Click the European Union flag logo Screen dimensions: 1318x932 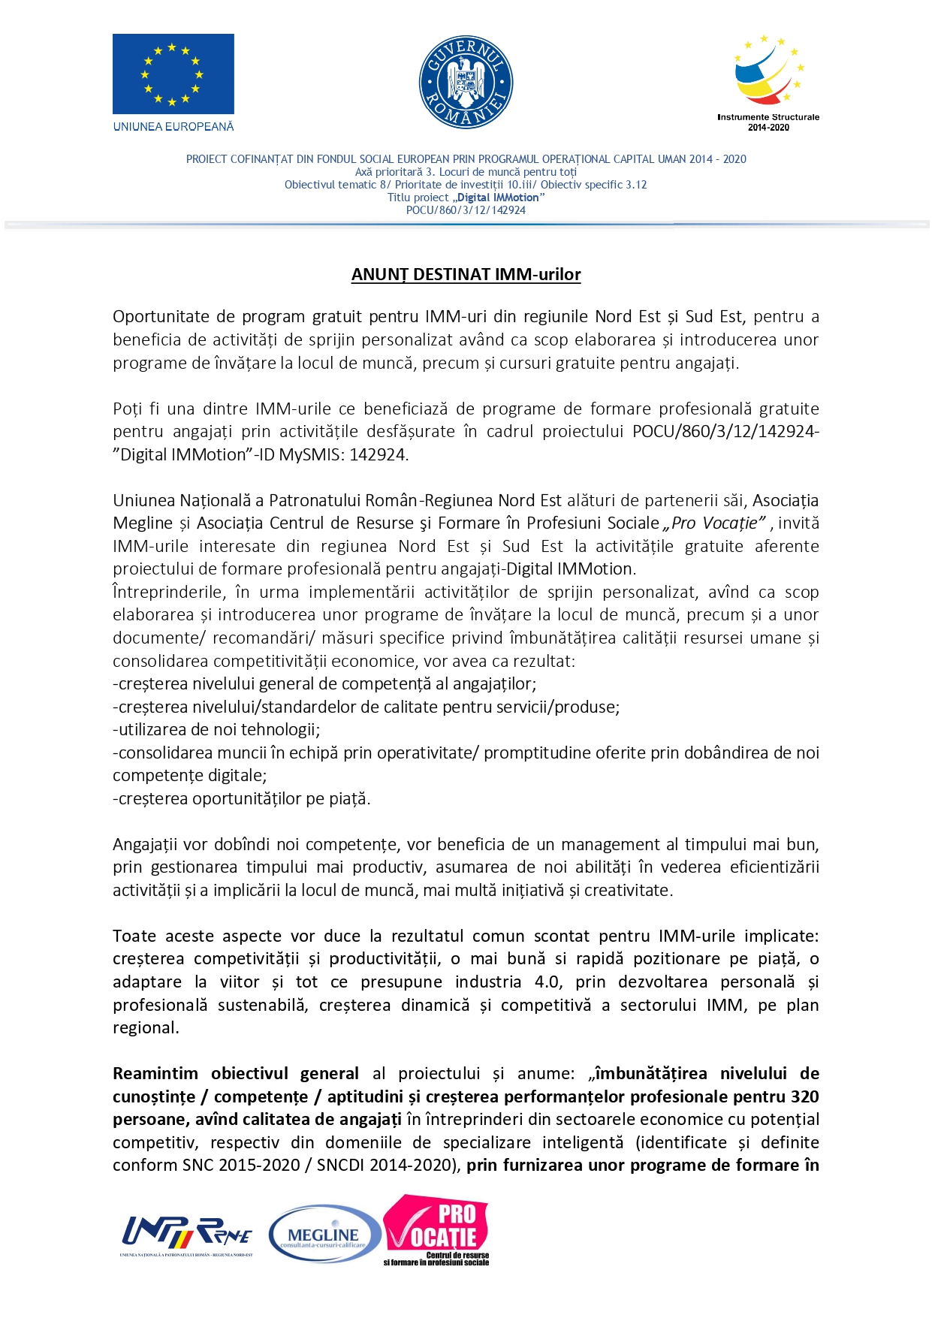pos(173,74)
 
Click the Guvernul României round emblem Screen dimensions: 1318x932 pos(466,82)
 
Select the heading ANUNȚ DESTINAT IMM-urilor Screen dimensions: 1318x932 pos(466,275)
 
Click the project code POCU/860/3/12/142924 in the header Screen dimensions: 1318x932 pos(466,210)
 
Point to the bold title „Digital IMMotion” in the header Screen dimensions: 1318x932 pos(498,198)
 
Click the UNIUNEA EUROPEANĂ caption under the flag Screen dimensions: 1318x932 pos(173,127)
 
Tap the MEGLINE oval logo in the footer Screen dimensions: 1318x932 pos(324,1234)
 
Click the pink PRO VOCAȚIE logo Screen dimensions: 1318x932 pos(436,1229)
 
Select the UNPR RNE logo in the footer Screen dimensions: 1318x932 pos(187,1234)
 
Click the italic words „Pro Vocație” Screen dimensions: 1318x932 pos(715,523)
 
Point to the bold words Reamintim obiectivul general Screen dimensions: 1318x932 pos(235,1074)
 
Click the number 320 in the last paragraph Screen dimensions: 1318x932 pos(804,1097)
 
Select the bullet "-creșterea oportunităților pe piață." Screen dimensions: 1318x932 pos(242,799)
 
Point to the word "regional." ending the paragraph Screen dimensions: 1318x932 pos(146,1028)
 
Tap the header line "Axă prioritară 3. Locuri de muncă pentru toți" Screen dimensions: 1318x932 pos(466,172)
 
